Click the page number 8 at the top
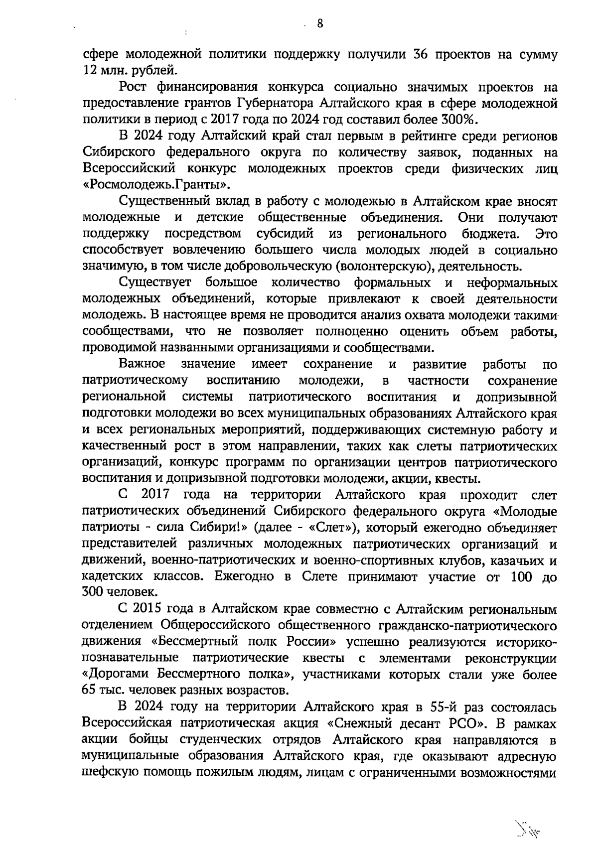[319, 23]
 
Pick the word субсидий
[285, 234]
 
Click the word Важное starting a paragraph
[142, 364]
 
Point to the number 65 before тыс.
[90, 691]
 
